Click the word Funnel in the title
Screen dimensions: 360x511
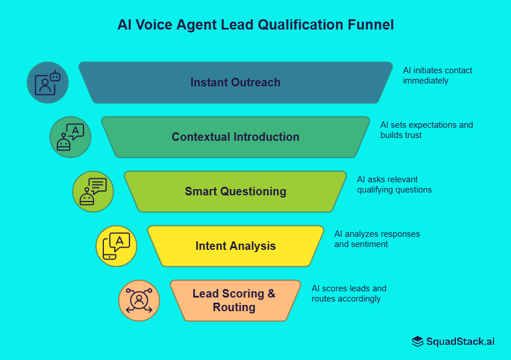[370, 25]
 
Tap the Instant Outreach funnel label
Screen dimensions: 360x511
[235, 82]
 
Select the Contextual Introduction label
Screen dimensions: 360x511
[235, 137]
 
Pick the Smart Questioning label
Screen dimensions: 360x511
[235, 191]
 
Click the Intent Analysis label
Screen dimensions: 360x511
[235, 246]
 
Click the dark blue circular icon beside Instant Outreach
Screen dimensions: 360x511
[48, 83]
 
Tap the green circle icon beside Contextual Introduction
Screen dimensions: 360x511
[70, 137]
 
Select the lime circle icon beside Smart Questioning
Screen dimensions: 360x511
[93, 191]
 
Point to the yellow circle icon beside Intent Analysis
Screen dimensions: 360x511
[116, 246]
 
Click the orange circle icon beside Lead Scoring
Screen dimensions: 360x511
[139, 300]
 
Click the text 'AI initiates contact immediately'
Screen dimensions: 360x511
[437, 76]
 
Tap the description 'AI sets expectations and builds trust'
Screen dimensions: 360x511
[426, 130]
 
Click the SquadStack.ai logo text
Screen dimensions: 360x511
[460, 341]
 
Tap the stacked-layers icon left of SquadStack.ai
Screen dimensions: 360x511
[418, 341]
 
